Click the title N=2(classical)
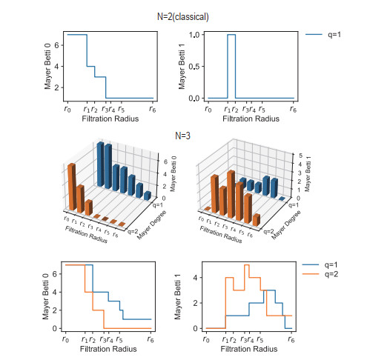coord(182,16)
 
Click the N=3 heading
coord(182,135)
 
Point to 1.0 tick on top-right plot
coord(194,35)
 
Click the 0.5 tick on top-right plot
coord(194,67)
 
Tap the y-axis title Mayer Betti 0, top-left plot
coord(47,66)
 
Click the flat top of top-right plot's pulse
coord(231,35)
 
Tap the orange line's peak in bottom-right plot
coord(246,265)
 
